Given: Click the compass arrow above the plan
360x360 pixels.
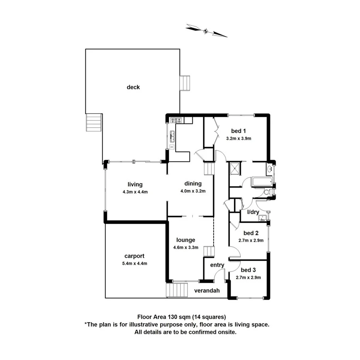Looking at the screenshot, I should coord(206,31).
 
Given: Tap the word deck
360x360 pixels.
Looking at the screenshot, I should coord(133,87).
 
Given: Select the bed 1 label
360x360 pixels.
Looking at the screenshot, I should coord(239,131).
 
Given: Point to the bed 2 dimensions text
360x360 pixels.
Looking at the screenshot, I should coord(251,240).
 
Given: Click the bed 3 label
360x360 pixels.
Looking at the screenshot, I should coord(248,270).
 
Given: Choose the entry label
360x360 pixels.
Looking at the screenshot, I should coord(217,265).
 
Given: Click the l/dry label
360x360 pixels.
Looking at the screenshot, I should coord(253,212).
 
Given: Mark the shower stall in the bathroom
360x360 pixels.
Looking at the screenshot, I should coord(234,168).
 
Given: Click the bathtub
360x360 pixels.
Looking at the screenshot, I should coord(261,182).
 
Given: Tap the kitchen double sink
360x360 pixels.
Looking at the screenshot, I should coord(173,136).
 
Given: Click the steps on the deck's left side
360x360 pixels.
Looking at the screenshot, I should coord(93,122).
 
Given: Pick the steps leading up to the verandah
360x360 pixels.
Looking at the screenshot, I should coord(176,290).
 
